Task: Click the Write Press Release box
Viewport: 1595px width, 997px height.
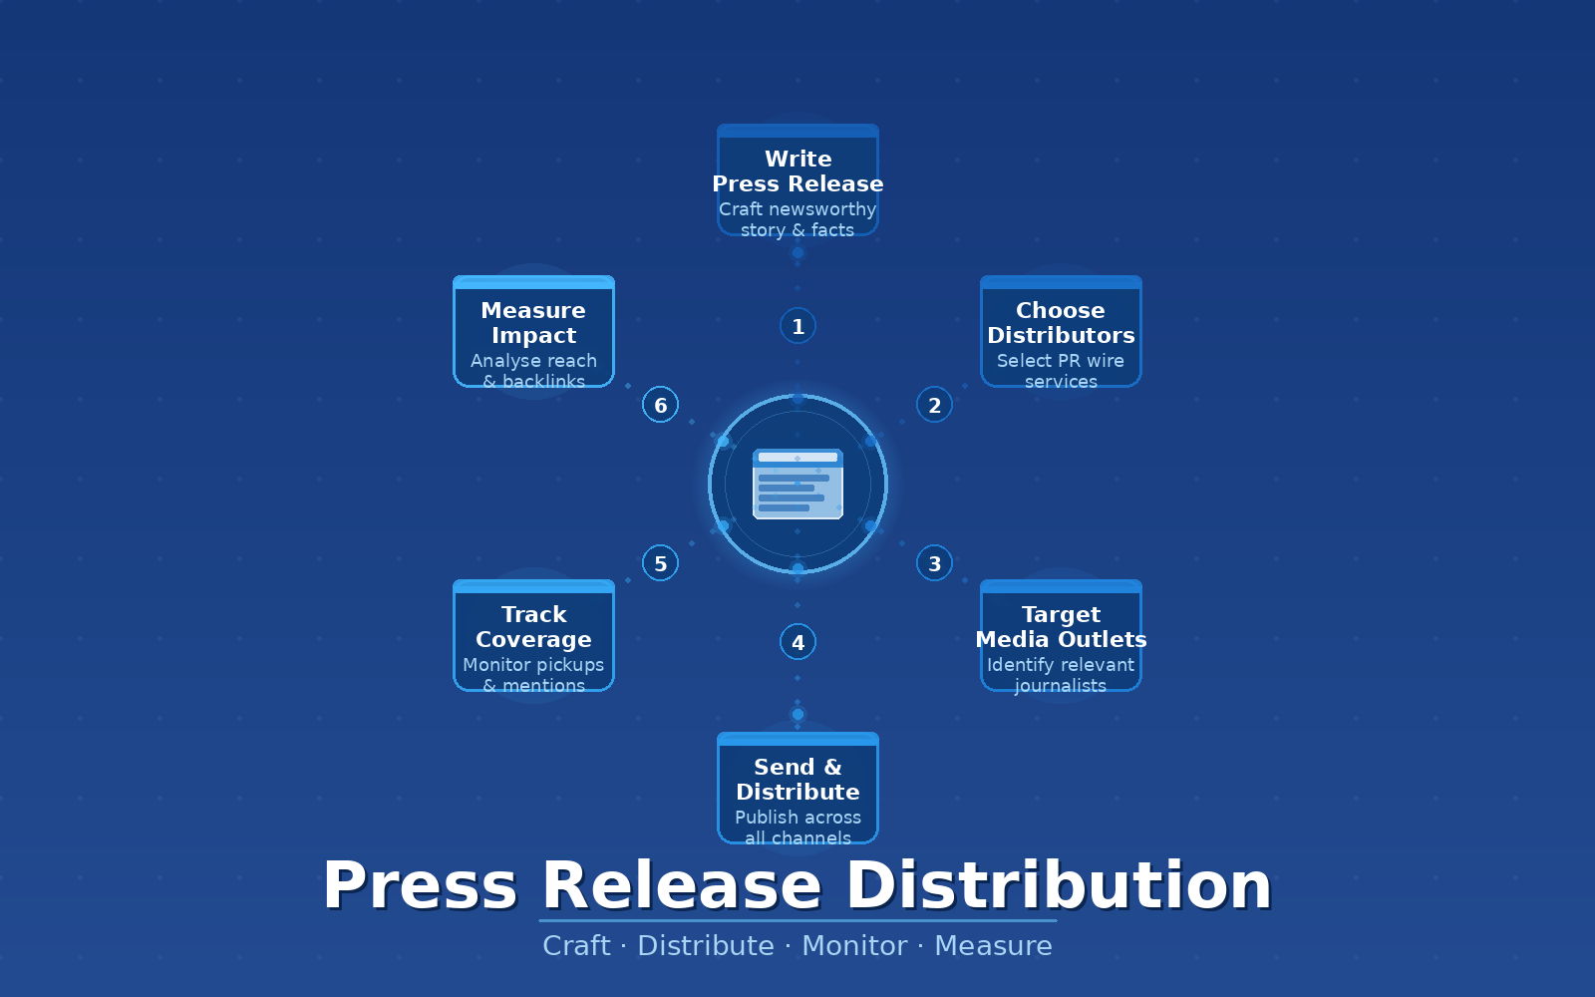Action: click(x=797, y=180)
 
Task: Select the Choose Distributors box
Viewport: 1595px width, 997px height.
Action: click(x=1061, y=332)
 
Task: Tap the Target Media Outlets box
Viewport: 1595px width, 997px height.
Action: click(x=1061, y=636)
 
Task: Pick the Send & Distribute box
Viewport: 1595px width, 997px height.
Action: click(x=797, y=789)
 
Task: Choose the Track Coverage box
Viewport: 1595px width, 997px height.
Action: click(x=533, y=636)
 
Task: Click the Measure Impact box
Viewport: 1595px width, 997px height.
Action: click(x=533, y=332)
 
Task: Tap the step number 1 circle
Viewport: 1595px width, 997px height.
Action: click(x=797, y=326)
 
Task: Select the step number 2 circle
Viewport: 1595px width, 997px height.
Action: click(x=934, y=405)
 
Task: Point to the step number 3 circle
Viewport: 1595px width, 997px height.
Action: click(x=934, y=563)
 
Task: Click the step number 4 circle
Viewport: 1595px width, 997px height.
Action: click(x=797, y=642)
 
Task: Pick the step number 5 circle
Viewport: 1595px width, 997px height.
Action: click(x=660, y=563)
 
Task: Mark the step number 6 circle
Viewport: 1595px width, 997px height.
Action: click(x=660, y=405)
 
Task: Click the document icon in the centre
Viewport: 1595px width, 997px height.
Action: click(x=797, y=485)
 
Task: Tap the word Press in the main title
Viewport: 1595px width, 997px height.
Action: click(x=420, y=885)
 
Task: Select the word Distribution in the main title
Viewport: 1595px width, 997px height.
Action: click(x=1059, y=885)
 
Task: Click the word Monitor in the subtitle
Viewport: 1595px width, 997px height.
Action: click(x=854, y=945)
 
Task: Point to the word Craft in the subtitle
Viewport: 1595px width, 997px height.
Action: click(x=576, y=945)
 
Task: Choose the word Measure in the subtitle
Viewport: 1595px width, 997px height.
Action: click(x=993, y=945)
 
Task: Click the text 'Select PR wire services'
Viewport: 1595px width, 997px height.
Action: click(x=1061, y=371)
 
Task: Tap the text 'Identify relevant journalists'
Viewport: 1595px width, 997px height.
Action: click(x=1061, y=675)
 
